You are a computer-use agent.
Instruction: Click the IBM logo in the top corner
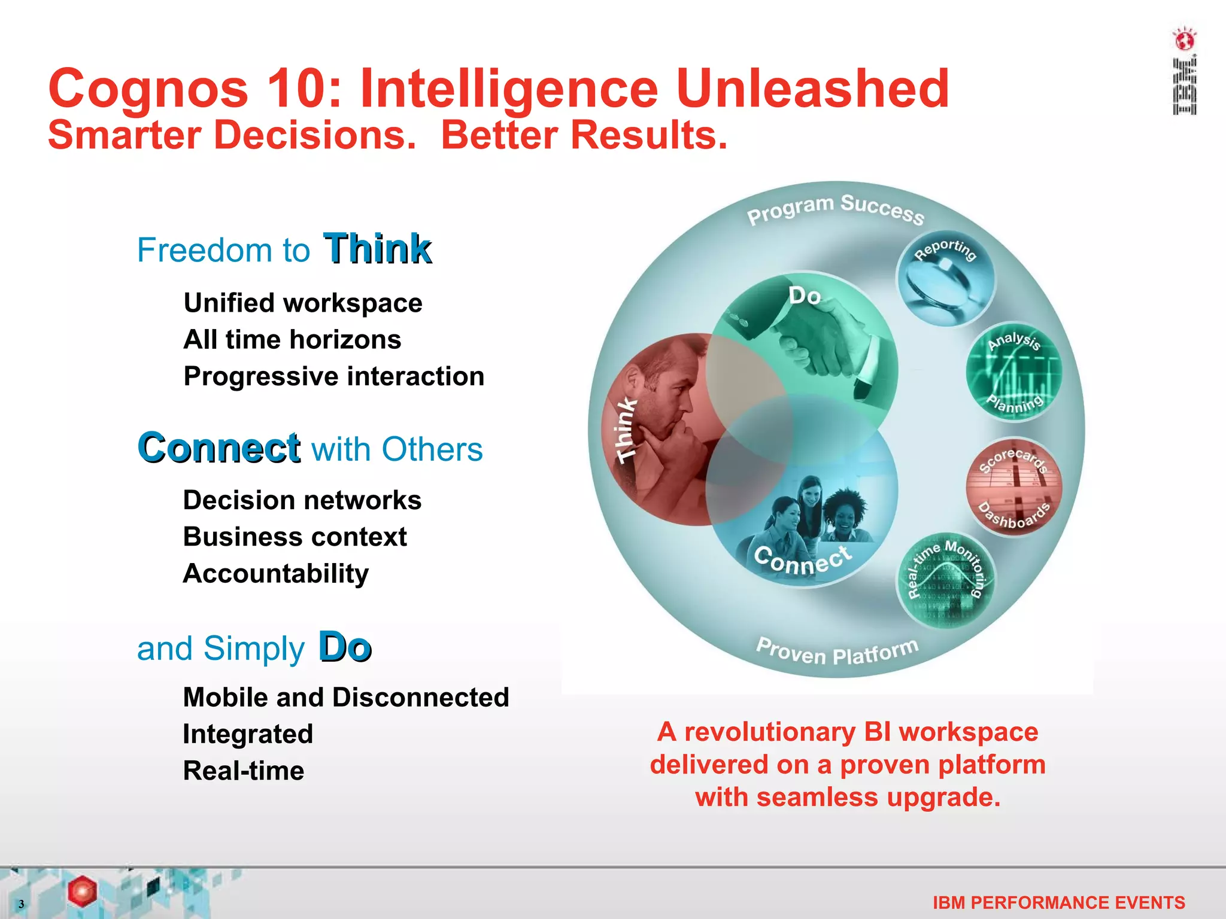point(1184,72)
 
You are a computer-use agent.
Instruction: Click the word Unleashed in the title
point(812,89)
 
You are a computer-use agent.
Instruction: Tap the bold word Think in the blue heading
point(377,249)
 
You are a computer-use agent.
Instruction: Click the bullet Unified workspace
point(303,303)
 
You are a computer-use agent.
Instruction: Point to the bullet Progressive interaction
point(333,376)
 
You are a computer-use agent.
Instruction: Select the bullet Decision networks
point(302,500)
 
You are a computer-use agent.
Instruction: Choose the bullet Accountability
point(276,573)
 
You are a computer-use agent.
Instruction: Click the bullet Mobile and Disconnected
point(346,697)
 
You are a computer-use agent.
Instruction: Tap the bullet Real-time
point(244,771)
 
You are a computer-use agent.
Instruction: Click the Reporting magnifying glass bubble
point(945,279)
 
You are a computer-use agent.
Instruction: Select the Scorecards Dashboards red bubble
point(1014,488)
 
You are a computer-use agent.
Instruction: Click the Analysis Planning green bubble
point(1014,373)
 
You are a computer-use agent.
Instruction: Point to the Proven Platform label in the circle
point(837,652)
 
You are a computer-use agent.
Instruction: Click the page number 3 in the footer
point(21,904)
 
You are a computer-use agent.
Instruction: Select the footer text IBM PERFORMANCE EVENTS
point(1058,902)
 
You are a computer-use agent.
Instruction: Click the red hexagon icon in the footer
point(82,891)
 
